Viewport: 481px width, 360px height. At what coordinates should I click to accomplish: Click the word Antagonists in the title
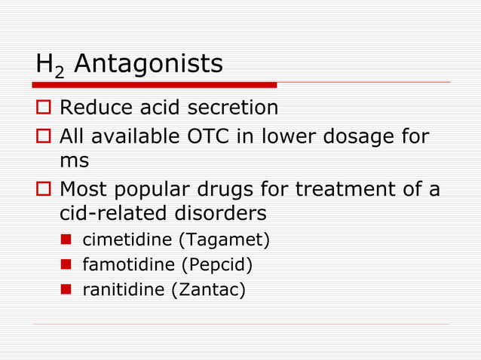tap(149, 64)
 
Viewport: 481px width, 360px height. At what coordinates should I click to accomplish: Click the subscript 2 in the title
tap(63, 72)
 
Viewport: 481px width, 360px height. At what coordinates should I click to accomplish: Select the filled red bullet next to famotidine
tap(66, 265)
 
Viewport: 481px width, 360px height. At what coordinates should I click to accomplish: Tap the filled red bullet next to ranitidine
tap(66, 289)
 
